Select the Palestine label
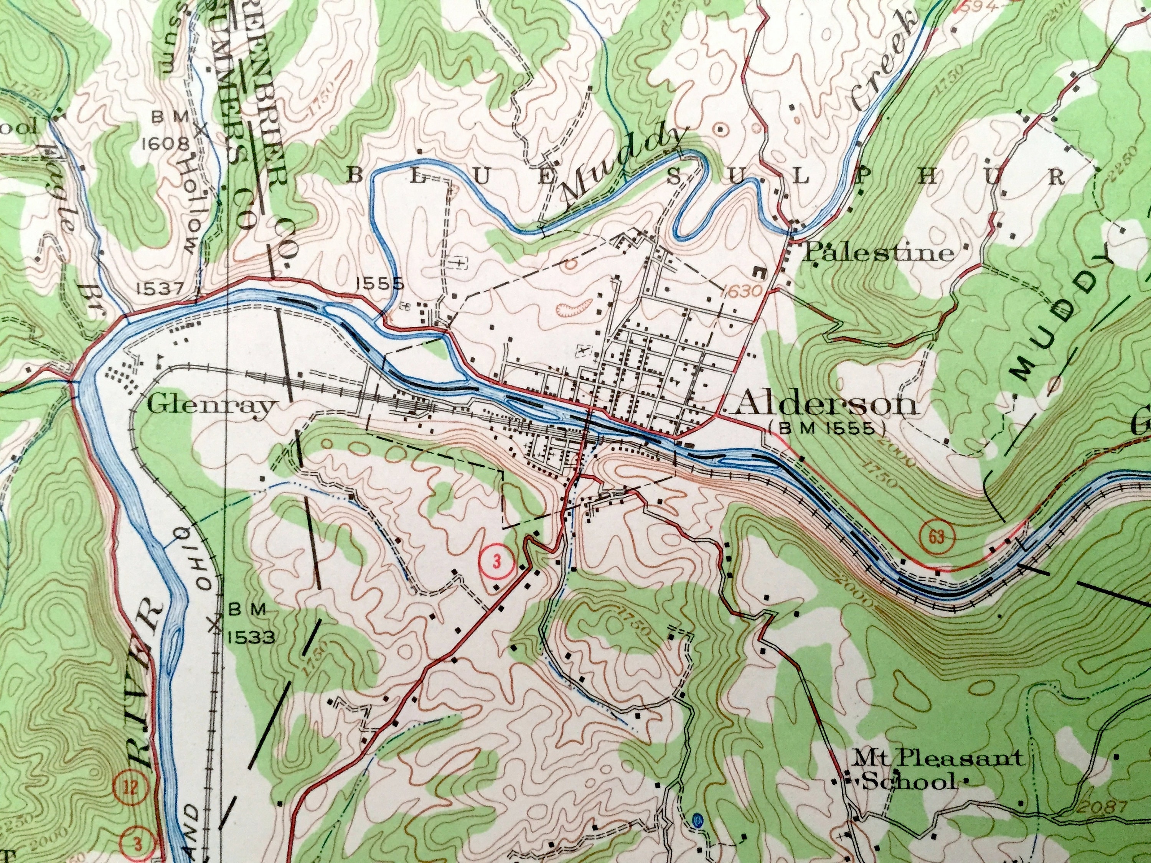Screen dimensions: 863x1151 coord(879,253)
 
